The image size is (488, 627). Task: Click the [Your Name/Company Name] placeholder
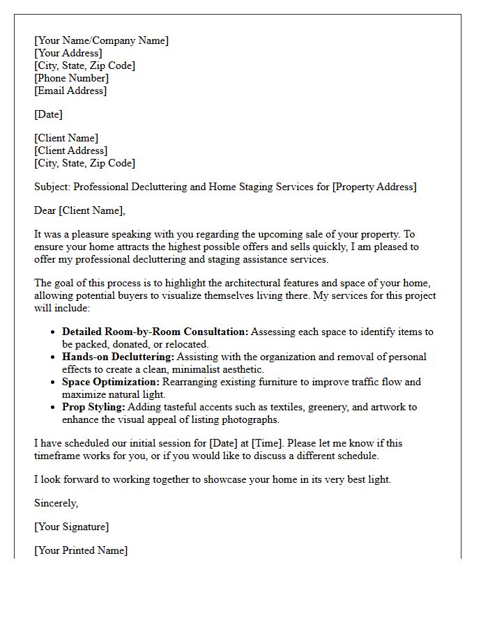pos(101,40)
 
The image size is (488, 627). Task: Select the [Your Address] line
pos(68,53)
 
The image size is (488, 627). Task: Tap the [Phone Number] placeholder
pos(71,78)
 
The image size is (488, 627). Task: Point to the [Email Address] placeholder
pos(70,91)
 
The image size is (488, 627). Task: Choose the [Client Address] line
pos(70,150)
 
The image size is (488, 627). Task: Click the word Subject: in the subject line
pos(52,187)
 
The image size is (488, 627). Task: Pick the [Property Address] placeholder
pos(374,187)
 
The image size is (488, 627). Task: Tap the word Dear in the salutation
pos(45,210)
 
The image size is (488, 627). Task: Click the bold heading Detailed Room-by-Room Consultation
pos(155,332)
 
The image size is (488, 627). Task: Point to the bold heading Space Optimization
pos(111,382)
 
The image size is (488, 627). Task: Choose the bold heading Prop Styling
pos(93,407)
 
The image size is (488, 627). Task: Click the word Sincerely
pos(56,503)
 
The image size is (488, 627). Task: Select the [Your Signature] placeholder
pos(71,527)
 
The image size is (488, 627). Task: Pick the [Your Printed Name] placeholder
pos(81,550)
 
